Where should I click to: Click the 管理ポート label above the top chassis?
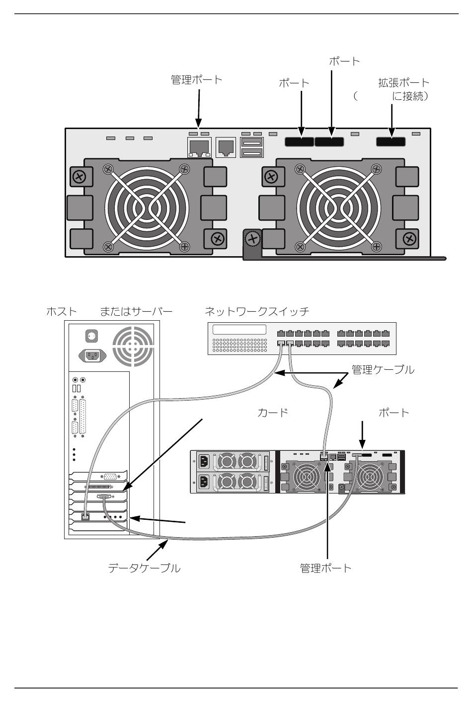pos(196,79)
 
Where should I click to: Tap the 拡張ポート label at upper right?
pos(403,82)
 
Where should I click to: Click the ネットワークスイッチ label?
pos(257,311)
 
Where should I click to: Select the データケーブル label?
pos(144,567)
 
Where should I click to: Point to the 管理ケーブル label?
pos(383,369)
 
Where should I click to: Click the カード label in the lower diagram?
pos(273,412)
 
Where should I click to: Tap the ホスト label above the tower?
pos(62,311)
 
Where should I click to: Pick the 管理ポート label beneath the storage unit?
pos(325,567)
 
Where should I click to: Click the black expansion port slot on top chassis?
pos(391,141)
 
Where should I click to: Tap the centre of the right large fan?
pos(338,208)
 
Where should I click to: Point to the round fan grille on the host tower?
pos(133,346)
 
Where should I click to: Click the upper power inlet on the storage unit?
pos(204,462)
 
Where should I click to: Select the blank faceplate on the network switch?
pos(239,330)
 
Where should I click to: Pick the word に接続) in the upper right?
pos(410,96)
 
